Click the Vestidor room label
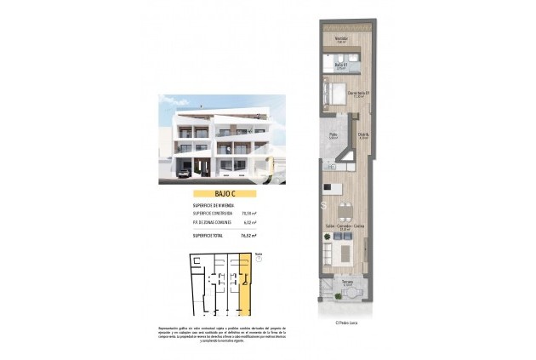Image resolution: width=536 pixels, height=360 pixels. click(x=340, y=39)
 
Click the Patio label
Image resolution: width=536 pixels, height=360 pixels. click(x=334, y=136)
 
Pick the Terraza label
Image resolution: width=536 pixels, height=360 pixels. click(x=347, y=283)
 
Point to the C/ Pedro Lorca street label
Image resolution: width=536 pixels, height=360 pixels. click(x=345, y=322)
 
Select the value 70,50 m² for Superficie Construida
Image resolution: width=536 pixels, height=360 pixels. click(x=248, y=212)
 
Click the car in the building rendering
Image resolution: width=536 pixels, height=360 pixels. click(x=184, y=174)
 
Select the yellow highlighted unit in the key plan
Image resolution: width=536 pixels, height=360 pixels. click(x=244, y=283)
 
